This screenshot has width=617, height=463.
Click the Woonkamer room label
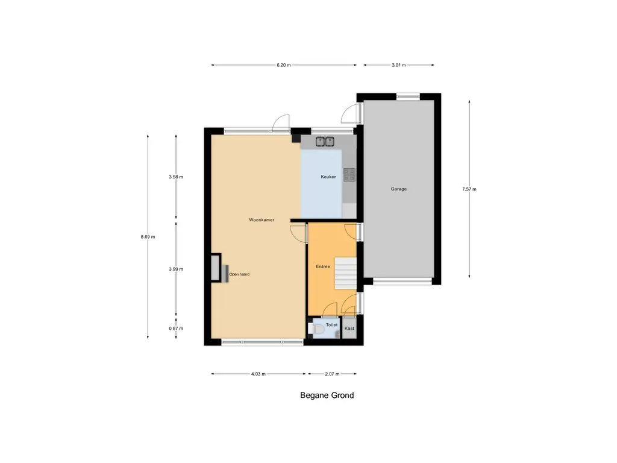coord(262,220)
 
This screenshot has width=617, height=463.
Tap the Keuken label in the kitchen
coord(328,177)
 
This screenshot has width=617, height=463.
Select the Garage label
coord(398,189)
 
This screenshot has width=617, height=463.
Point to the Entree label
coord(323,266)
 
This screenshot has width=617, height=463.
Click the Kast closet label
coord(349,329)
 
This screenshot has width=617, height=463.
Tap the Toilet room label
coord(331,324)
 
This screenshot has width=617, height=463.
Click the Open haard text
coord(239,274)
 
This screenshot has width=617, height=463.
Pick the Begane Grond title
coord(327,395)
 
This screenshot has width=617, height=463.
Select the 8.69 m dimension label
coord(148,237)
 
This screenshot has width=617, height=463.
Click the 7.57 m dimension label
coord(469,189)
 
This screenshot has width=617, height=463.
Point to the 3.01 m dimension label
coord(398,65)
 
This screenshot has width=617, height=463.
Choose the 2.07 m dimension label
coord(332,374)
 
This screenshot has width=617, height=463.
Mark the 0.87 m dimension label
coord(176,329)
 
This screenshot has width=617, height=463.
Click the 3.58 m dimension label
coord(176,177)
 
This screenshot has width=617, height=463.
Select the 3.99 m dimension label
coord(176,269)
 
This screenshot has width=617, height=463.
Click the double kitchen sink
coord(325,142)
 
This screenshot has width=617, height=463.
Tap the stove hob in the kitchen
coord(349,174)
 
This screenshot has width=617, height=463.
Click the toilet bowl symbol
coord(315,329)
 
